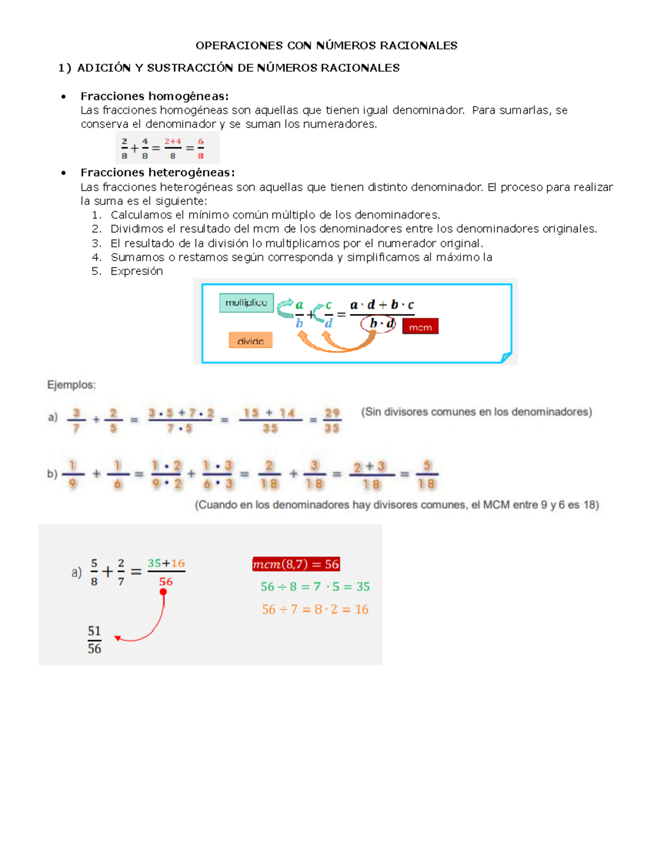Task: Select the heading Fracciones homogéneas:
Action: (x=154, y=97)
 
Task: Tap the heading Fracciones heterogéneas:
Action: (x=158, y=173)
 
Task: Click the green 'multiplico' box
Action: (x=246, y=303)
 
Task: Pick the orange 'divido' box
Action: (x=250, y=341)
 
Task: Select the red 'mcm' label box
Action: (x=420, y=327)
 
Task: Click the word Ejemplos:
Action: (x=71, y=385)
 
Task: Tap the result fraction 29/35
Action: (x=331, y=420)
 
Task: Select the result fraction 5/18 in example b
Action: (x=427, y=474)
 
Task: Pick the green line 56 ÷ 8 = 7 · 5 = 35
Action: (x=315, y=587)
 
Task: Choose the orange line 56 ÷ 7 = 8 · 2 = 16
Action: (x=315, y=610)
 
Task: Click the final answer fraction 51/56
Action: (x=94, y=640)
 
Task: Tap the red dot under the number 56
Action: (x=163, y=592)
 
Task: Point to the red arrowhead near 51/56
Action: (x=117, y=638)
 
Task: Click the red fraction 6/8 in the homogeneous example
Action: (x=201, y=148)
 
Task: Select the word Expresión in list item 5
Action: (x=136, y=272)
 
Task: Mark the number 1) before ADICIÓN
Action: (x=65, y=68)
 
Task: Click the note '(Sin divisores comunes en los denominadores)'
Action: (x=476, y=412)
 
